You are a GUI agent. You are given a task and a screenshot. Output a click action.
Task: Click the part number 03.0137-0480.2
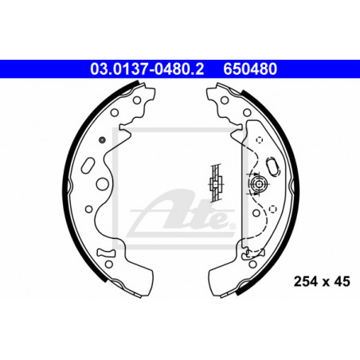(x=147, y=69)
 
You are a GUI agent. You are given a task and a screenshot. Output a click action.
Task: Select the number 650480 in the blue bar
(x=250, y=69)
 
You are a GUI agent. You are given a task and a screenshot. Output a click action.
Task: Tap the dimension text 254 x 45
(x=322, y=281)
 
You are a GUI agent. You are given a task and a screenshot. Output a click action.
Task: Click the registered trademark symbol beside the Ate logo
(x=233, y=226)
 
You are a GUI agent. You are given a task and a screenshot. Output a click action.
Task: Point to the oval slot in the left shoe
(x=88, y=166)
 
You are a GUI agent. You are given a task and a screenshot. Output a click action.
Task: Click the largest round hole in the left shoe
(x=103, y=184)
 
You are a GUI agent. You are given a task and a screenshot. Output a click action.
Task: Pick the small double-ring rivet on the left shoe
(x=102, y=139)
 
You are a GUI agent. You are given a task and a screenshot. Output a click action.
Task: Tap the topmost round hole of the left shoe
(x=137, y=100)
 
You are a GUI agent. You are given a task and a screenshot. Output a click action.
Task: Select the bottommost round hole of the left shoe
(x=109, y=264)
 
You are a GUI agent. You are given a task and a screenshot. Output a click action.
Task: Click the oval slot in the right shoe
(x=273, y=166)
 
